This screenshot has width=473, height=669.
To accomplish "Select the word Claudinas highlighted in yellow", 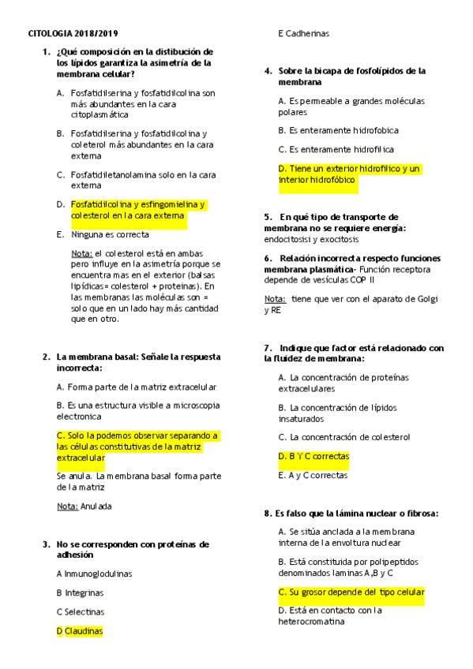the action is click(x=84, y=630).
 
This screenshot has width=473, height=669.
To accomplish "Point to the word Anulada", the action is click(x=96, y=505).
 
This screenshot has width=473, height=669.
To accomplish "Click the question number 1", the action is click(x=47, y=51).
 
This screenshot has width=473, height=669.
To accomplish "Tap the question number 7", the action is click(x=268, y=348).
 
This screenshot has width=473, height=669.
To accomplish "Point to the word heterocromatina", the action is click(x=311, y=621).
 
